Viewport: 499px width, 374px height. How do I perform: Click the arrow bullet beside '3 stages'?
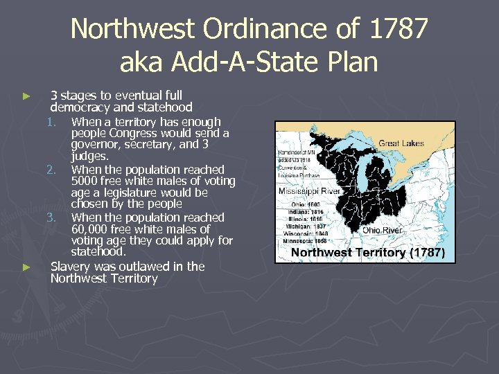point(27,96)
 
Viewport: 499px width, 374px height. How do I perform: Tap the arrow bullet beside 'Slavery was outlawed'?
point(27,267)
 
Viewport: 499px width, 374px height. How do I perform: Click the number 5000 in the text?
point(86,181)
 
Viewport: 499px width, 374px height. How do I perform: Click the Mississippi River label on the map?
point(308,190)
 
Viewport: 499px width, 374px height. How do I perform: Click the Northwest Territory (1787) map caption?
point(367,253)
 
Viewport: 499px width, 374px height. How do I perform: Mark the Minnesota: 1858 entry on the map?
point(309,240)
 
